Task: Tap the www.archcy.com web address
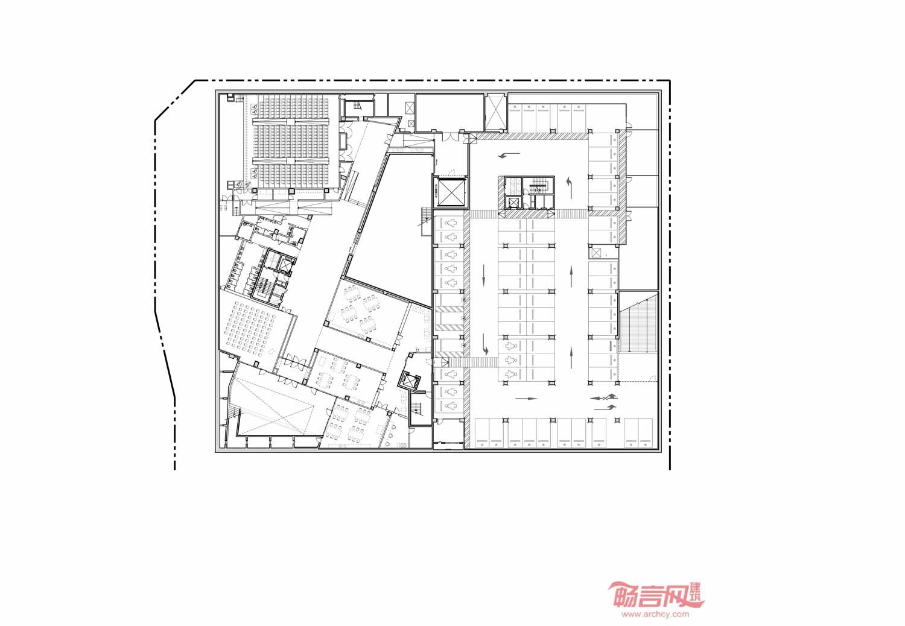click(x=655, y=615)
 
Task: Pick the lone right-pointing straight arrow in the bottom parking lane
click(x=527, y=399)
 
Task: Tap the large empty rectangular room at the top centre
click(x=449, y=113)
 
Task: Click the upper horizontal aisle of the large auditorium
click(x=291, y=121)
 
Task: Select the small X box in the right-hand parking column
click(x=596, y=253)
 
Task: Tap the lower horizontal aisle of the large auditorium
click(x=291, y=160)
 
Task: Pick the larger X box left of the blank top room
click(x=410, y=107)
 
